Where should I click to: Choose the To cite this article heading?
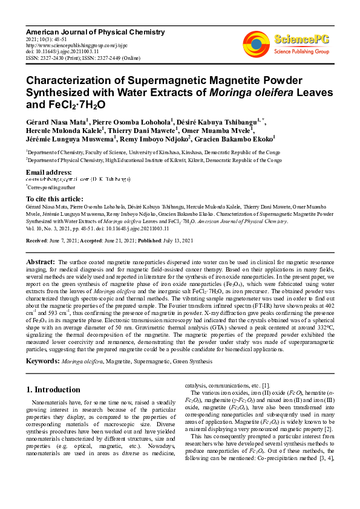(54, 199)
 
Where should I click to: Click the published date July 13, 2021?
(176, 241)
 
